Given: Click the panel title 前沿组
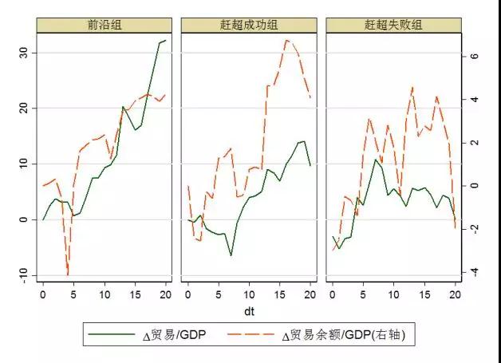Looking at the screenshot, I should point(105,25).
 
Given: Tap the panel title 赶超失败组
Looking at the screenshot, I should point(396,25).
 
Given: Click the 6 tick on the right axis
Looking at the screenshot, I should point(474,57).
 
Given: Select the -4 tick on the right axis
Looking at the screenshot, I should point(474,272).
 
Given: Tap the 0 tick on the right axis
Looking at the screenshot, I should point(474,186).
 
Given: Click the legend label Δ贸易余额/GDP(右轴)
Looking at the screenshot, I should point(350,336).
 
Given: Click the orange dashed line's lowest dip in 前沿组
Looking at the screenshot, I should point(68,274).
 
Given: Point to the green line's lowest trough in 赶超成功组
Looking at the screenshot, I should point(231,255).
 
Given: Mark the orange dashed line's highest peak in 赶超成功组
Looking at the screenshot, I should point(286,40).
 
